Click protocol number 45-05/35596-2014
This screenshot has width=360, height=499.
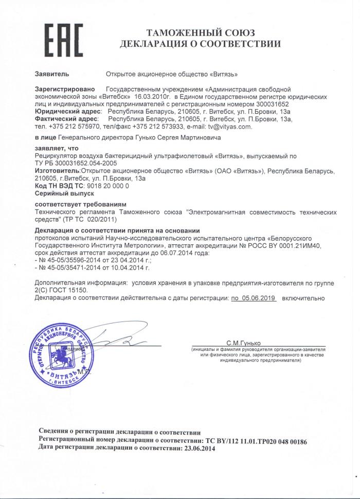click(70, 261)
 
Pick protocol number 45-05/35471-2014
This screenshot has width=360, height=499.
click(70, 268)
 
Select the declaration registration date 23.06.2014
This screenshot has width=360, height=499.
click(196, 449)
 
